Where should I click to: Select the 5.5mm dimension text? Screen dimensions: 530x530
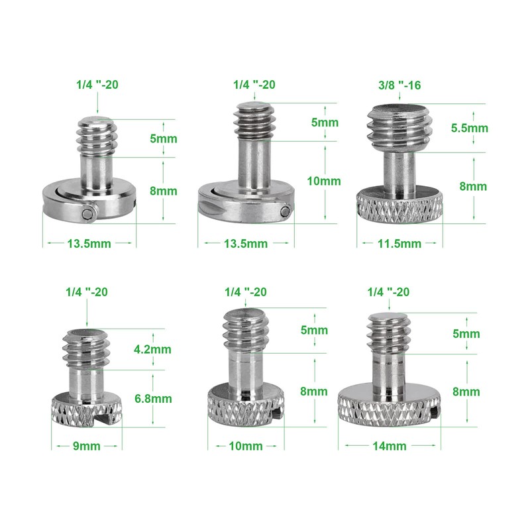tap(470, 127)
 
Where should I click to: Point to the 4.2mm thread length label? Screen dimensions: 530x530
tap(153, 349)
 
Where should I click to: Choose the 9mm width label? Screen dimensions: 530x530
tap(86, 446)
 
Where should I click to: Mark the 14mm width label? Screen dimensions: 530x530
tap(389, 446)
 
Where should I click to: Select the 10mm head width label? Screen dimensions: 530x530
tap(244, 446)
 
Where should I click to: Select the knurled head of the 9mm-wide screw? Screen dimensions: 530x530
tap(86, 411)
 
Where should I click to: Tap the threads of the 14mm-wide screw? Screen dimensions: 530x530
tap(387, 335)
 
